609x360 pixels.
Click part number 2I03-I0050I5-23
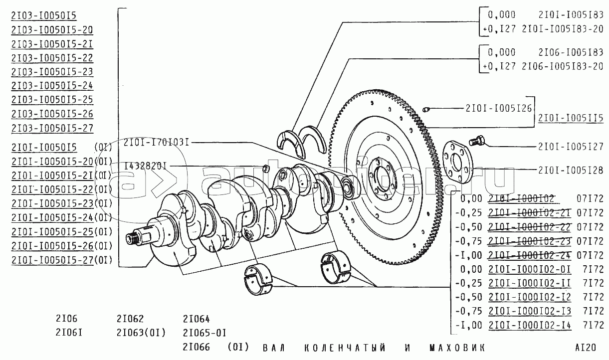(52, 71)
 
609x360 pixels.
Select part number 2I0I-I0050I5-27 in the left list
(52, 260)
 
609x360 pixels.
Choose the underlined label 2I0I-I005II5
(571, 118)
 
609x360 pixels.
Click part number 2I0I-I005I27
(571, 147)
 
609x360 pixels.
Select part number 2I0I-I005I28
(571, 170)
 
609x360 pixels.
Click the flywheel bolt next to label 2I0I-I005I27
(478, 141)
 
